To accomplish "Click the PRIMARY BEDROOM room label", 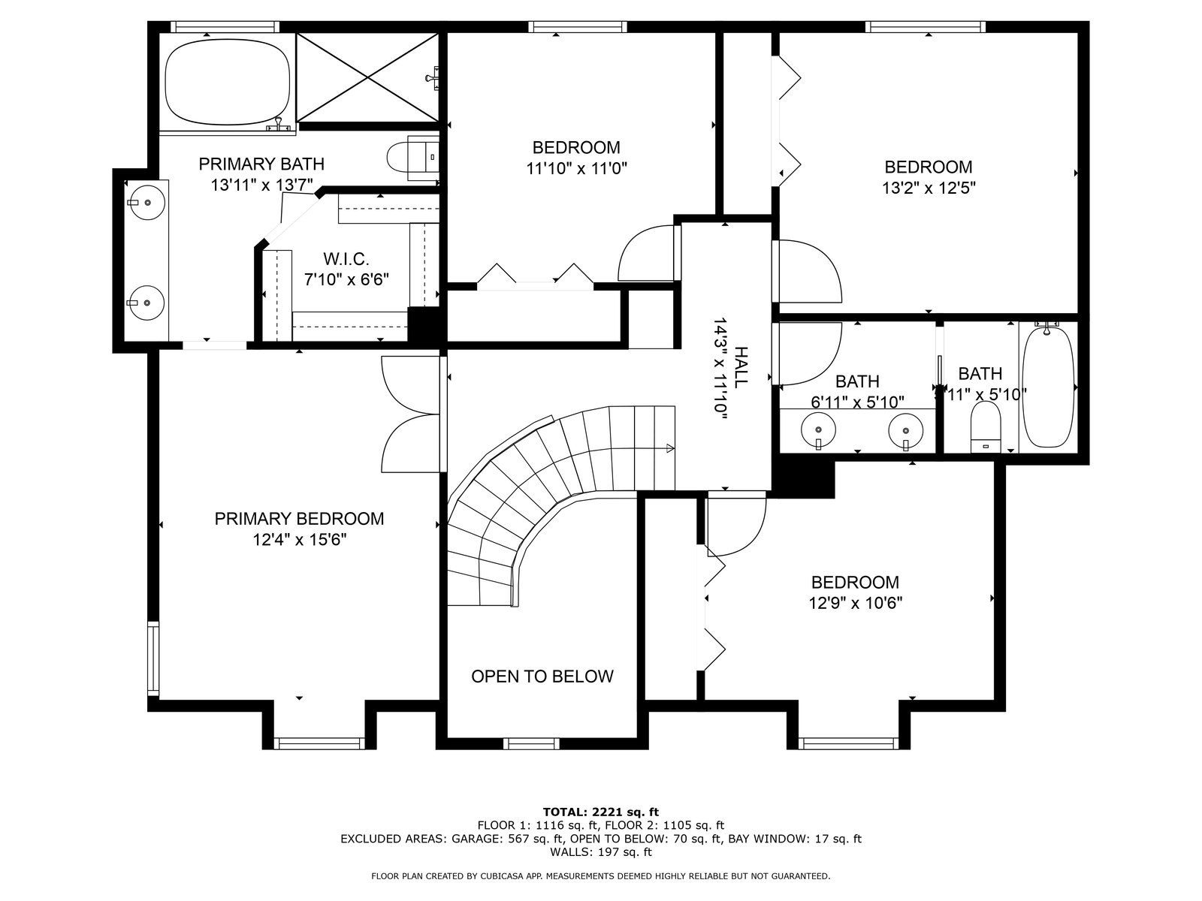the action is coord(299,519).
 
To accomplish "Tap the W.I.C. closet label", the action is coord(346,259).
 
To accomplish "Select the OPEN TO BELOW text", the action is coord(542,677).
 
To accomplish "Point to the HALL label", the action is coord(739,368).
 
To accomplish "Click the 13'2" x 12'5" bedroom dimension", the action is coord(929,188).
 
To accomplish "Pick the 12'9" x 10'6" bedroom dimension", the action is coord(856,603).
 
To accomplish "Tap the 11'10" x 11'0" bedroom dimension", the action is coord(576,168).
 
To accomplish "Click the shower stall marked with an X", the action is coord(367,77).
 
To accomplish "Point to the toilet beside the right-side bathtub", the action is coord(985,426).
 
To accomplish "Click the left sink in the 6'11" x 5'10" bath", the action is coord(818,429).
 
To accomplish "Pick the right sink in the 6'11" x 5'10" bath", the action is coord(906,430).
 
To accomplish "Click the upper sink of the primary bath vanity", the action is coord(146,203).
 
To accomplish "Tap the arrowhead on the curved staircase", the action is coord(669,448).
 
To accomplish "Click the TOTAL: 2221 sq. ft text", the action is coord(601,812).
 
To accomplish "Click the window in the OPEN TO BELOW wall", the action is coord(531,743).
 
